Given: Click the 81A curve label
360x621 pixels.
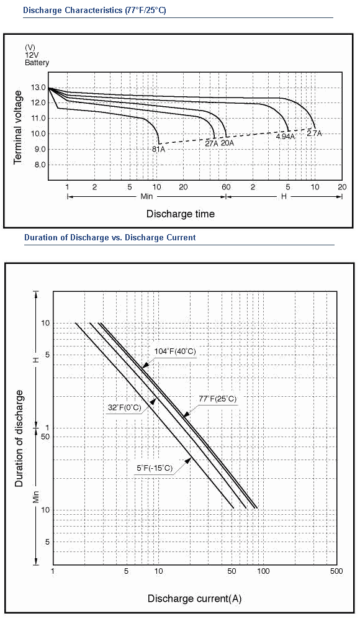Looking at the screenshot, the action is coord(158,149).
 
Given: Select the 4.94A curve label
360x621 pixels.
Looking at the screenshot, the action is coord(286,137).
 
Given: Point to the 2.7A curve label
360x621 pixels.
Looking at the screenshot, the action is coord(315,134).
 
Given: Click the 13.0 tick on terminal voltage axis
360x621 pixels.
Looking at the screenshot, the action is coord(38,88).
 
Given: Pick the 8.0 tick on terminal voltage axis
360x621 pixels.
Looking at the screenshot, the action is coord(40,165).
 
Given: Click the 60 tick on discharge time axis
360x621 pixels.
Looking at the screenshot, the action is coord(226,187).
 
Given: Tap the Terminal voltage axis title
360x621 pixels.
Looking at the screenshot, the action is coord(18,127).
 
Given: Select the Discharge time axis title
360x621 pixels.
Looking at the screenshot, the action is coord(181,214).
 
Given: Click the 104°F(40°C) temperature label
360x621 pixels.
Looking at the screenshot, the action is coord(175,351).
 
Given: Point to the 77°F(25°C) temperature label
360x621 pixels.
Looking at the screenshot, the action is coord(217,399).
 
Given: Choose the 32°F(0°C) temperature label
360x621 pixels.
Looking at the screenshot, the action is coord(124,407).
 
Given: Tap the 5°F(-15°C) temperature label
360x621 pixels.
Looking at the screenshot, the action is coord(155,468).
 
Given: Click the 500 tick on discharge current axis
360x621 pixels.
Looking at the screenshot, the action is coord(336,571).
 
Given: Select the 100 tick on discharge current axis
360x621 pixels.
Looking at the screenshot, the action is coord(263,571).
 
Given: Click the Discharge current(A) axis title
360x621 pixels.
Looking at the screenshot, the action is coord(194,599).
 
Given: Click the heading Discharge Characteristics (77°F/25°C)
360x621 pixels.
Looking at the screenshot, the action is coord(94,11).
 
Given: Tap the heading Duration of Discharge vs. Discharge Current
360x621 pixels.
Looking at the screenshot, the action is coord(110,238).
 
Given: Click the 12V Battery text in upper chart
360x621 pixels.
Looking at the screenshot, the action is coord(37,59).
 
